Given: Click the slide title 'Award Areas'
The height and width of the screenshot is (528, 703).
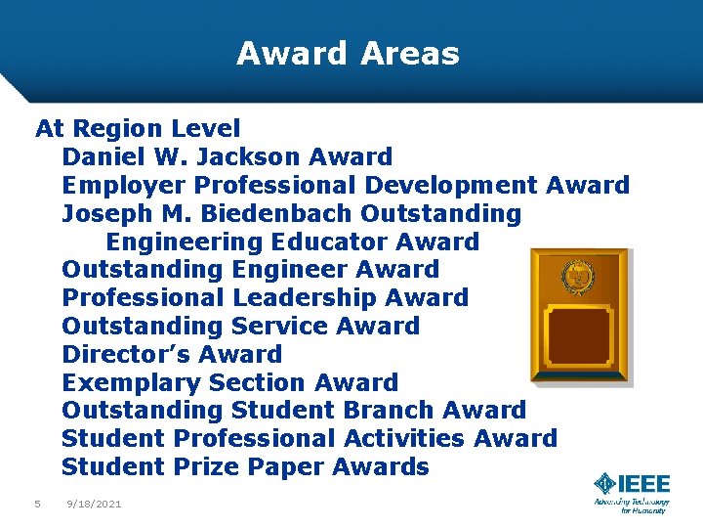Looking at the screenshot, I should coord(348,53).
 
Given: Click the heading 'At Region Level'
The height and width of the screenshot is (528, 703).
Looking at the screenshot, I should coord(138,128).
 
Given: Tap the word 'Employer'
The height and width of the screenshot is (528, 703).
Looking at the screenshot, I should coord(124,185).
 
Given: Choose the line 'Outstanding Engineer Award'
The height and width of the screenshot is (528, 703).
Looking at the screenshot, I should coord(250,269).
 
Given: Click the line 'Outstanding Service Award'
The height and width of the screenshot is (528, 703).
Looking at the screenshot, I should coord(240,326).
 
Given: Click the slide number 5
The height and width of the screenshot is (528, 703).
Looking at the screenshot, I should coord(37,504).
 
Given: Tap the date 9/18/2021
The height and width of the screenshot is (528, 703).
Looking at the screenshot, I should coord(94,504).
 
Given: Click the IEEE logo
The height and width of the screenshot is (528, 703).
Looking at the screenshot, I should coord(632,485).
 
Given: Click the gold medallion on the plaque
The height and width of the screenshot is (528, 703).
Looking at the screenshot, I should coord(579,278).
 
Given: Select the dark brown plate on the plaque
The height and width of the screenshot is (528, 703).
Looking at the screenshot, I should coord(580,335).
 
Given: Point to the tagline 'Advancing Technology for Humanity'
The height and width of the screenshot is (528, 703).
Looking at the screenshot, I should coord(631,506).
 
